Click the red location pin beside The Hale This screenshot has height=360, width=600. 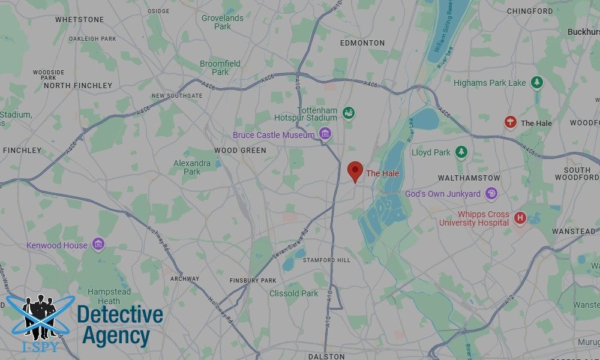[x=355, y=171]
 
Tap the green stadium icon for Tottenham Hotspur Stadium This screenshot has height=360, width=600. [x=349, y=112]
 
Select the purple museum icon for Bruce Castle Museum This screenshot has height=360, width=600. [x=325, y=133]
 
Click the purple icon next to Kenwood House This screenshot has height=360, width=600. [x=98, y=244]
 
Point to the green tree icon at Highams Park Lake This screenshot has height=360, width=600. [x=537, y=83]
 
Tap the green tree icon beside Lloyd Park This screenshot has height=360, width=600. [x=461, y=152]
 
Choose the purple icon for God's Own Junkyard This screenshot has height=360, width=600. [x=491, y=193]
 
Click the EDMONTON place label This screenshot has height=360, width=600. [x=362, y=43]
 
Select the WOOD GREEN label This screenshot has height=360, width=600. [x=240, y=151]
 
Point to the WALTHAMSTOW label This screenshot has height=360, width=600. [x=469, y=178]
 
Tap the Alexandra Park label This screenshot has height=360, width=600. [x=192, y=167]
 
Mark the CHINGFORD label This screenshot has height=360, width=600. [x=530, y=11]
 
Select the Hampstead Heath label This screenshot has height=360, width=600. [x=109, y=296]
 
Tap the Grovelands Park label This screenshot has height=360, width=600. [x=223, y=22]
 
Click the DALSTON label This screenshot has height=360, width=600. [x=326, y=356]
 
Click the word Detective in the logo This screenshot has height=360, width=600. [x=120, y=314]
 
